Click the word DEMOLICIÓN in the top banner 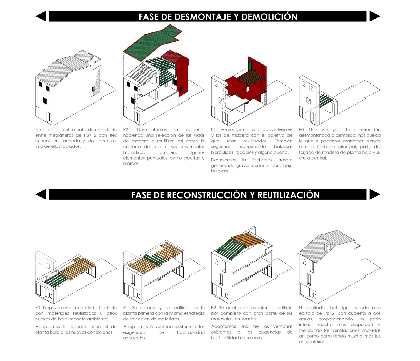click(269, 17)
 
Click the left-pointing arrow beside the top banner click(41, 16)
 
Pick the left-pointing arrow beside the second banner click(41, 194)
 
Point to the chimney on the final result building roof click(327, 247)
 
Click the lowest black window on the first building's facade click(45, 101)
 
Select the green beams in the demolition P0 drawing click(326, 100)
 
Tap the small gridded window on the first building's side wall click(93, 89)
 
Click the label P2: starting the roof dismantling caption click(126, 130)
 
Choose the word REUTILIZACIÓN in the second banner click(289, 195)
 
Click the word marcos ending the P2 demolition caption click(131, 164)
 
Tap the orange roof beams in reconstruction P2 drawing click(248, 240)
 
